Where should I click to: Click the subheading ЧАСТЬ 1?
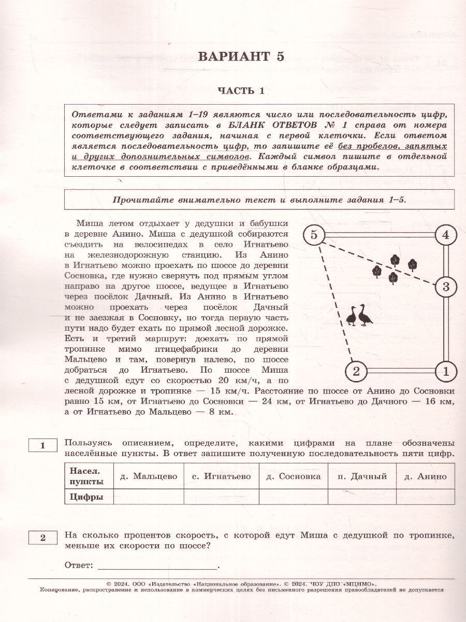tap(241, 91)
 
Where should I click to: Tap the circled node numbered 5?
tap(313, 235)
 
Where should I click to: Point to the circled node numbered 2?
tap(356, 371)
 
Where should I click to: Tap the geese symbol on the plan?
tap(359, 316)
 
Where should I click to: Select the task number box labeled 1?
tap(43, 445)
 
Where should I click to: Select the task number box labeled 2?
tap(43, 538)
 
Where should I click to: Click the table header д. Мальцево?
tap(148, 476)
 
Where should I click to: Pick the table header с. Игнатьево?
tap(221, 476)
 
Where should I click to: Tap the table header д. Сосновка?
tap(293, 476)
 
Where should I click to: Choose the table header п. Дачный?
tap(362, 476)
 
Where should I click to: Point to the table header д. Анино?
tap(425, 476)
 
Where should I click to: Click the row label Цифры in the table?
tap(84, 497)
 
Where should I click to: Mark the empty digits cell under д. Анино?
tap(425, 497)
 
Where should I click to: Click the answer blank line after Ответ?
tap(158, 567)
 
